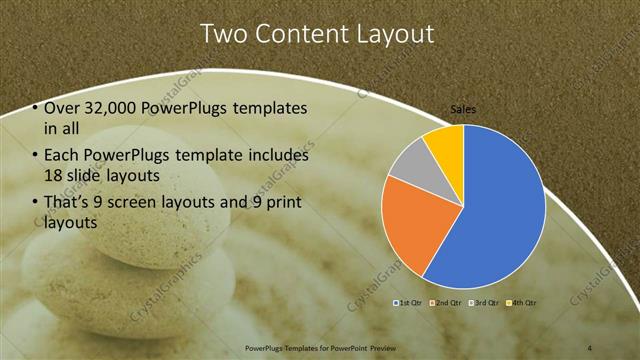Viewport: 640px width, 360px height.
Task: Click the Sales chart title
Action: tap(463, 110)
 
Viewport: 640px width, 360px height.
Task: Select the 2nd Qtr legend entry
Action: tap(447, 302)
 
